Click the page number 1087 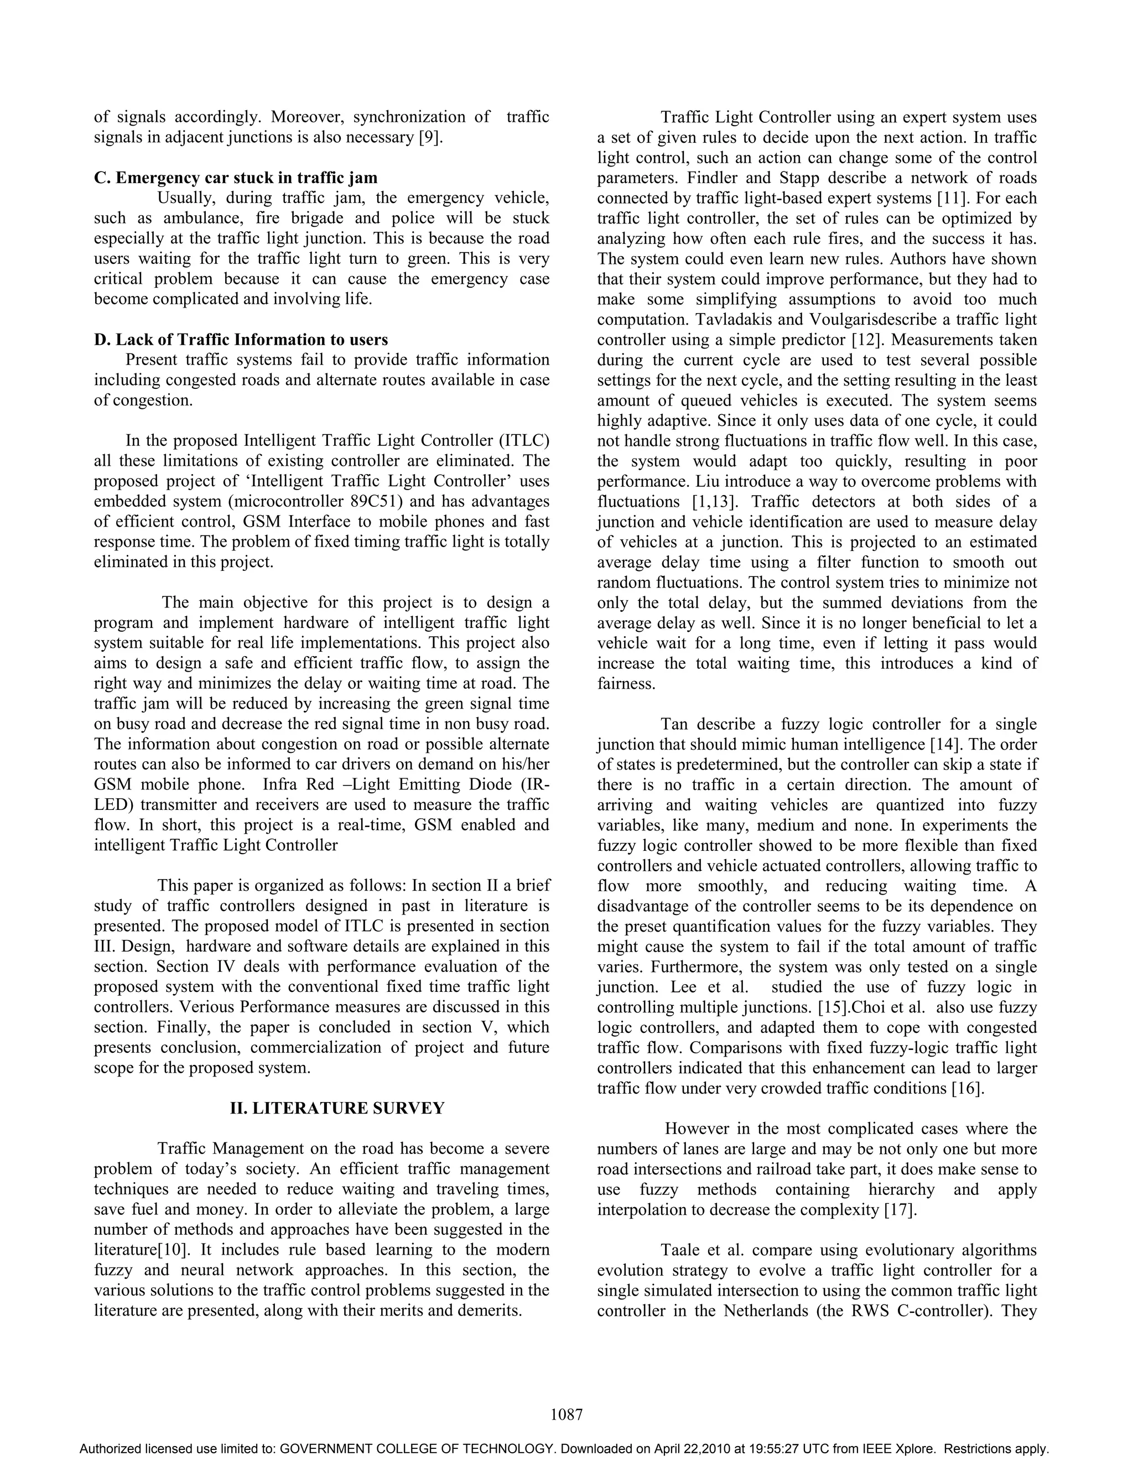[x=566, y=1415]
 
